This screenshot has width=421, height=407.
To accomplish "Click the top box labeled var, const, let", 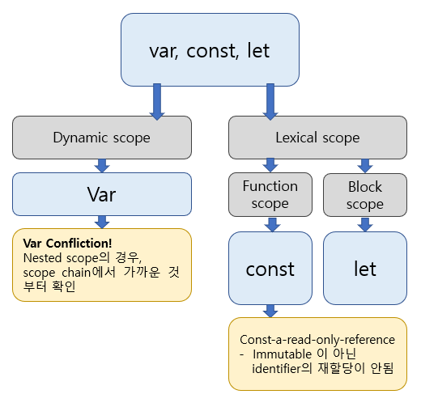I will click(x=210, y=50).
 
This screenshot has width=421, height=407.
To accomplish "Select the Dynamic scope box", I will click(x=101, y=138).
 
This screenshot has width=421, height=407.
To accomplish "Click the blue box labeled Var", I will click(x=101, y=194).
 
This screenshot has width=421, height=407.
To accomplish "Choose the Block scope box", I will click(x=364, y=194).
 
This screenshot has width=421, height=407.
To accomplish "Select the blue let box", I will click(x=366, y=267).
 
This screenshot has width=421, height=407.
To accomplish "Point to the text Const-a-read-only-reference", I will click(x=317, y=339).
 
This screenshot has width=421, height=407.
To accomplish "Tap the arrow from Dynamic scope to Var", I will click(x=102, y=166).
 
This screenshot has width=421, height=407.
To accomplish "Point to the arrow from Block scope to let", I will click(x=365, y=224).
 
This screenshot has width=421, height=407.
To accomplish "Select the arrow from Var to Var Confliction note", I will click(x=102, y=222).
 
